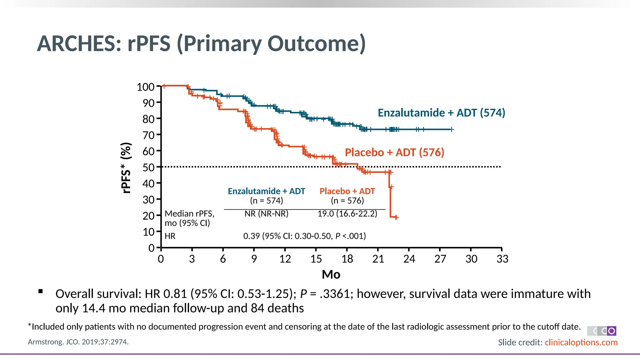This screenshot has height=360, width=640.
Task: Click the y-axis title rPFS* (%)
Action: tap(126, 168)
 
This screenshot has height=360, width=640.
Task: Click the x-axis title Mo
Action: tap(331, 274)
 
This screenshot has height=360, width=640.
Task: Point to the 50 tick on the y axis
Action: tap(149, 167)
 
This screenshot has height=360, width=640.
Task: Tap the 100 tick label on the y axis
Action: tap(146, 87)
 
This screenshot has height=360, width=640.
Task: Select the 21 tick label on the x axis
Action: tap(378, 259)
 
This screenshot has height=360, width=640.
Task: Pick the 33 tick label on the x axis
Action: tap(502, 259)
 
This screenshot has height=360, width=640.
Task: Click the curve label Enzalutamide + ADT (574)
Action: tap(441, 112)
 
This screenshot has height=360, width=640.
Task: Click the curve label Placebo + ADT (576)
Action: tap(394, 152)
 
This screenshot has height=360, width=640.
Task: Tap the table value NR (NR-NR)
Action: tap(266, 214)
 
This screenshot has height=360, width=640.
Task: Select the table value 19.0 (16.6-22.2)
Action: tap(347, 214)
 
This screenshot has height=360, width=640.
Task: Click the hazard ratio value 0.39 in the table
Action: tap(252, 236)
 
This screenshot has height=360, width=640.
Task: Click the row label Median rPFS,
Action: tap(189, 214)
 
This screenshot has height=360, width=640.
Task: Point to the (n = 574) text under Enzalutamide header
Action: tap(266, 201)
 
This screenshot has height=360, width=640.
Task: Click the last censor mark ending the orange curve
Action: tap(397, 217)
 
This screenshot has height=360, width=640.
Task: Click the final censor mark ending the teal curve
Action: tap(452, 129)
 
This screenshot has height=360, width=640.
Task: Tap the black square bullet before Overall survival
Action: tap(40, 292)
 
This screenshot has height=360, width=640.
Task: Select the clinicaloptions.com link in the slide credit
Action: tap(581, 342)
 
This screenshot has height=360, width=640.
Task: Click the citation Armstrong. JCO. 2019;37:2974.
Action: tap(78, 342)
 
